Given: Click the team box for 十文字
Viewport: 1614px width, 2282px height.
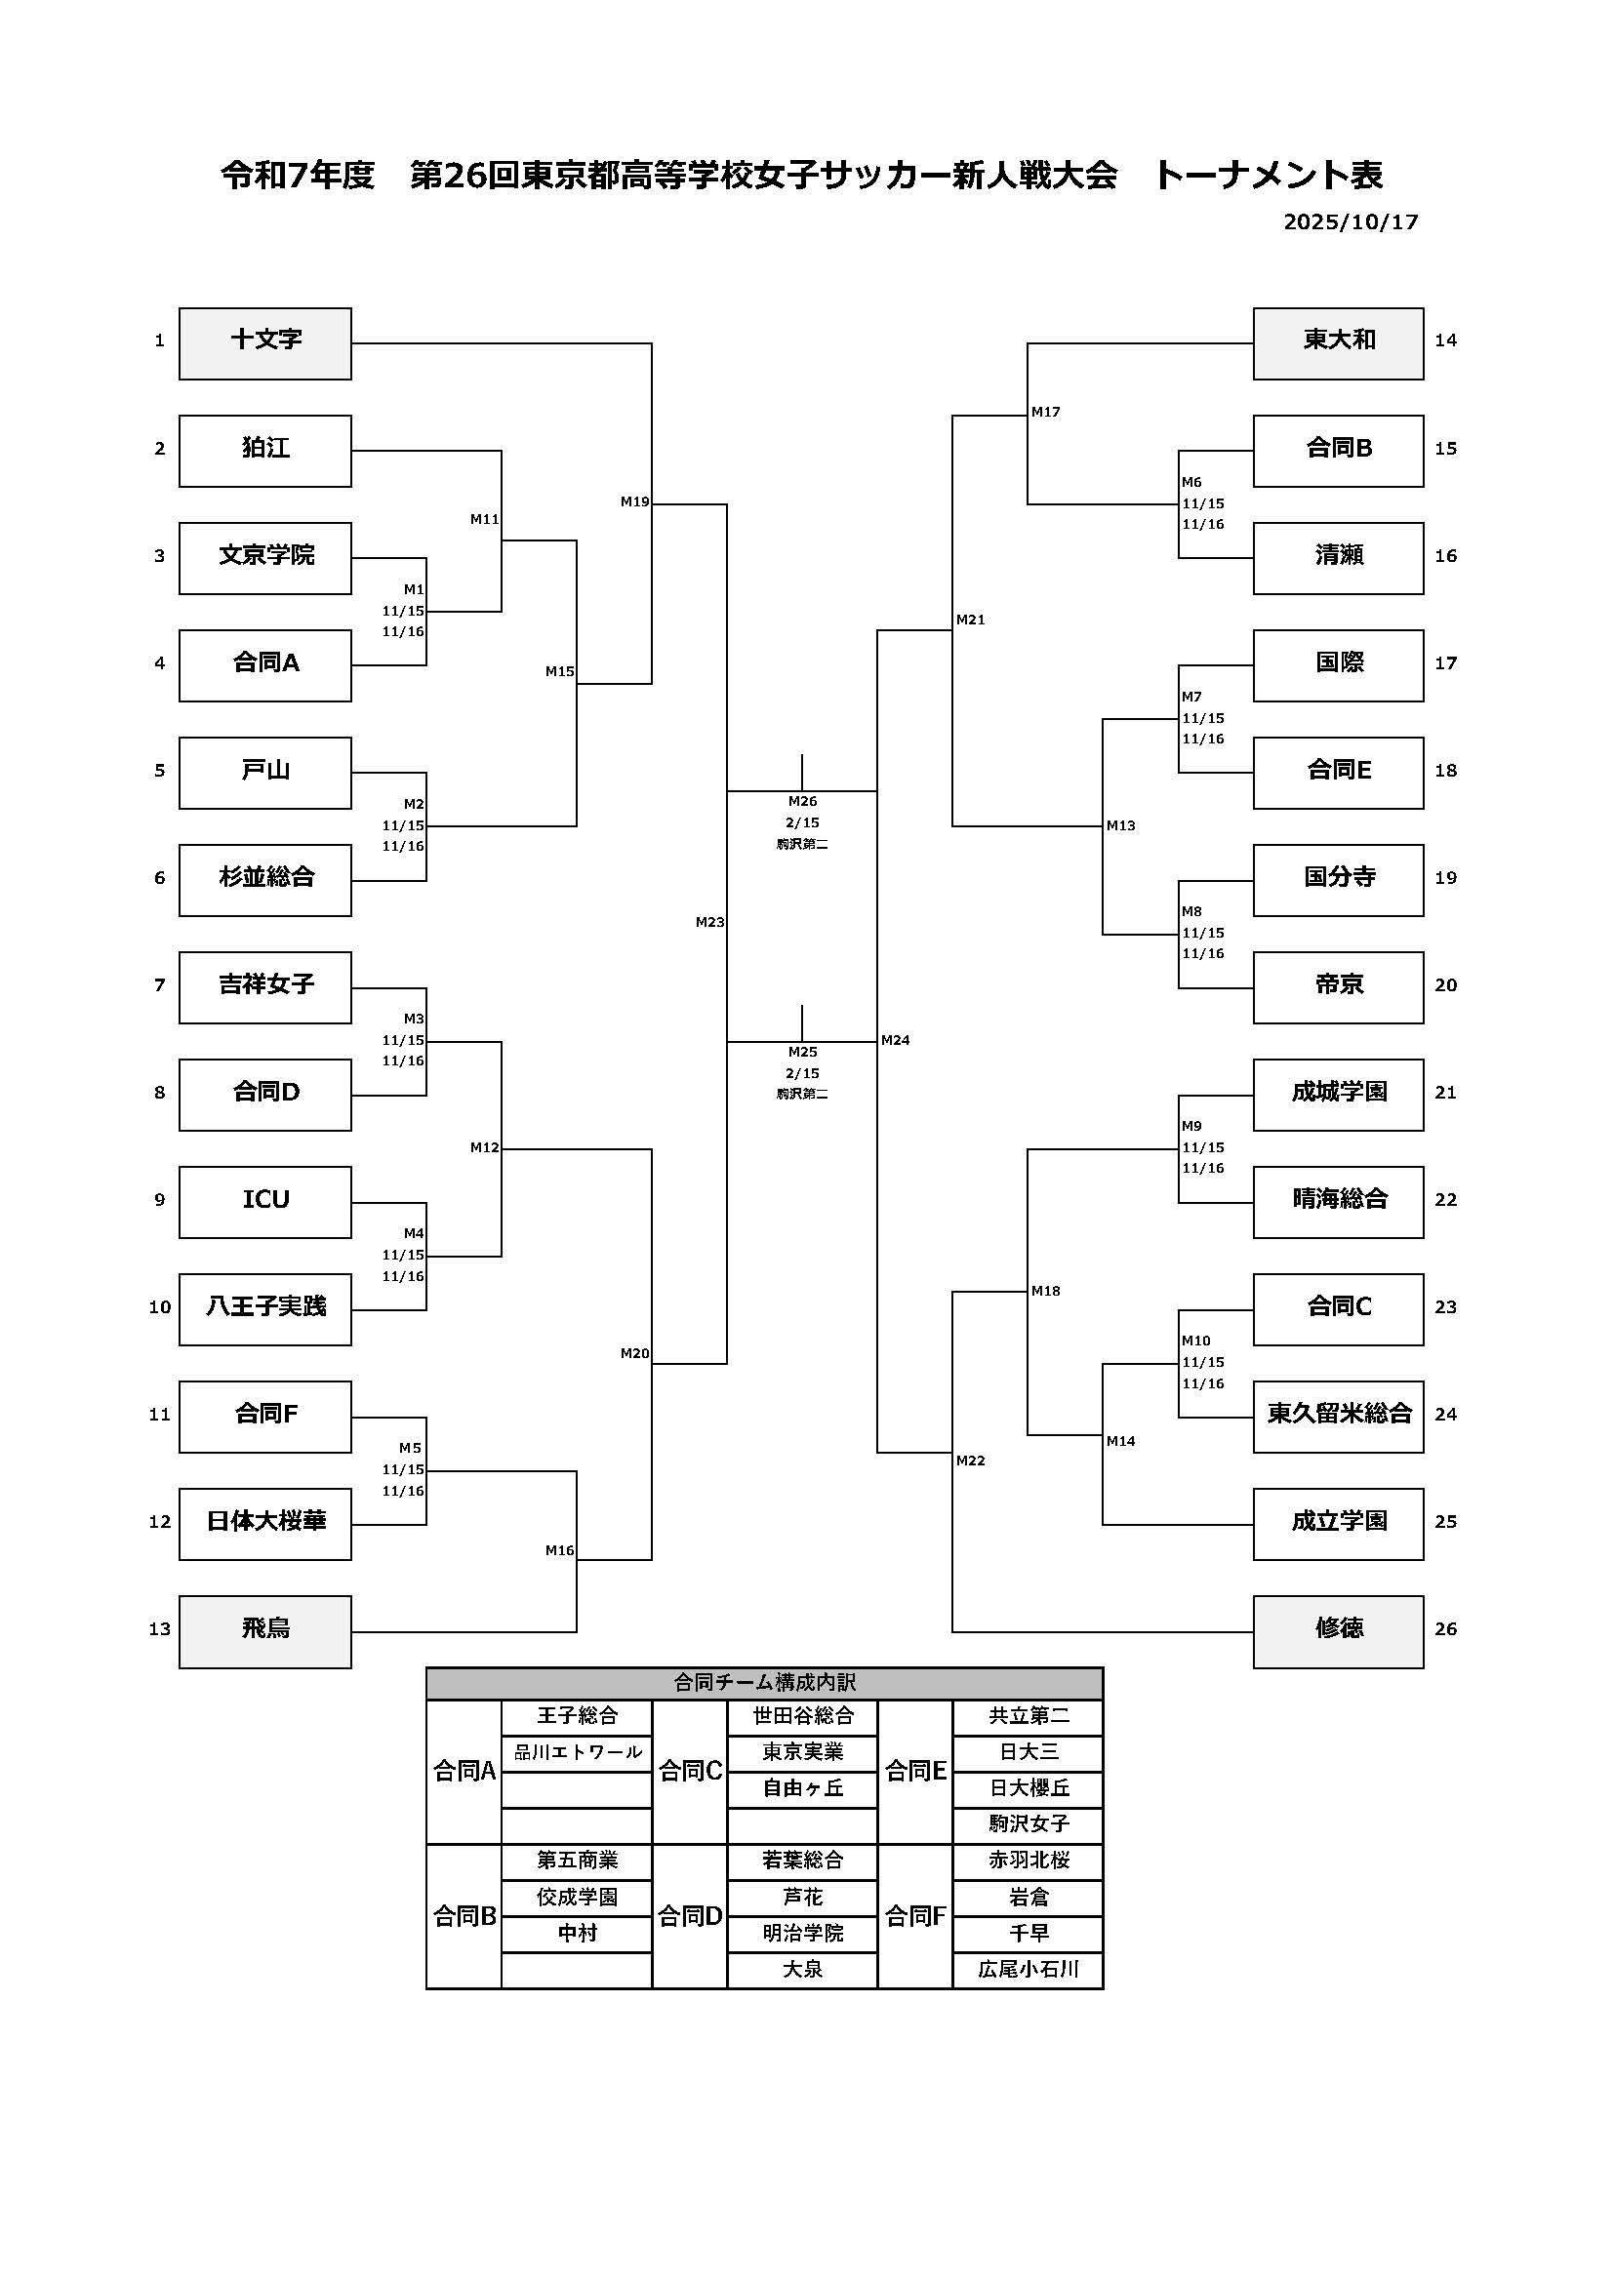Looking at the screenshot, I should point(264,342).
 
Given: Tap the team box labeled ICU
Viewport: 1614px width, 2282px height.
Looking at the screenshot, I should point(264,1202).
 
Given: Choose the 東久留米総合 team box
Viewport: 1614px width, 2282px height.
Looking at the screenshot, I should point(1338,1417).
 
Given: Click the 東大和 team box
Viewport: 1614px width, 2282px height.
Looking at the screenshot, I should point(1338,342).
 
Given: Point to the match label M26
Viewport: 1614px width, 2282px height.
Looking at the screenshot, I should point(802,801).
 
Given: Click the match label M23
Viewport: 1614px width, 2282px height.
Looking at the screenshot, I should point(709,922).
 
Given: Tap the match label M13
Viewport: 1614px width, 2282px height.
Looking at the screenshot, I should point(1120,825).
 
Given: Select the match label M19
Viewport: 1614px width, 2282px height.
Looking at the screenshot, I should point(634,501).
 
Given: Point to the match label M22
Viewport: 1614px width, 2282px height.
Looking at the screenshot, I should point(970,1461).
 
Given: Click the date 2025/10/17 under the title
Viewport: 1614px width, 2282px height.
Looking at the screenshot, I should point(1350,221).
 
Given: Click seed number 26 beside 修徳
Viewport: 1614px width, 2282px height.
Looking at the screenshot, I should point(1445,1629).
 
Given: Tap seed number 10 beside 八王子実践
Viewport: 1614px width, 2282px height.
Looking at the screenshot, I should point(160,1307).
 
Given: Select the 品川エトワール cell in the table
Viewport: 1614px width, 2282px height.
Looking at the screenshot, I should point(577,1752).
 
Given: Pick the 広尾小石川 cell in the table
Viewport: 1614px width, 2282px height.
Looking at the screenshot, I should point(1028,1969).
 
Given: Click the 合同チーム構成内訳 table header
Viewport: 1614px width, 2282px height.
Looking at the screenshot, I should point(764,1683).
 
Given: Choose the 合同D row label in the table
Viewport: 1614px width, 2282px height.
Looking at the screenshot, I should point(690,1915).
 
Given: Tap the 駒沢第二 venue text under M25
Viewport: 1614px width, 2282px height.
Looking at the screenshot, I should point(802,1095).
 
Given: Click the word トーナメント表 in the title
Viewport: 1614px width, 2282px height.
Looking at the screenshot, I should point(1268,176).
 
